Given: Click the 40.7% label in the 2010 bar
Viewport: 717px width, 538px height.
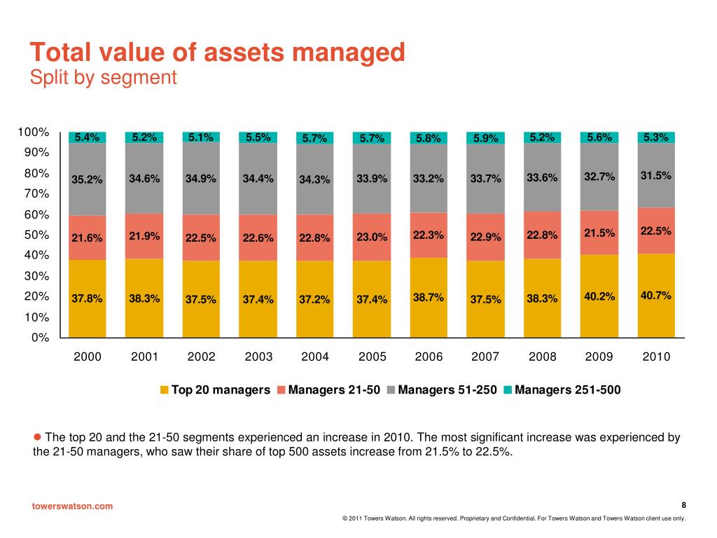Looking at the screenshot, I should click(x=656, y=296).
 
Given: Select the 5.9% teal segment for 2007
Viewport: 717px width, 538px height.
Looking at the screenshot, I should click(x=485, y=138).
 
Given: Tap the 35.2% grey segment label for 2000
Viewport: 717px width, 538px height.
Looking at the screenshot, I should click(x=87, y=179).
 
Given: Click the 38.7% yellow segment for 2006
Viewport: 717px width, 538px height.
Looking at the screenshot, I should click(x=429, y=297).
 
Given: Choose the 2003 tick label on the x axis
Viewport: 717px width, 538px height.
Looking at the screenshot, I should click(x=258, y=357).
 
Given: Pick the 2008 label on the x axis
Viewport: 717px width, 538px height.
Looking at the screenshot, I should click(x=543, y=357).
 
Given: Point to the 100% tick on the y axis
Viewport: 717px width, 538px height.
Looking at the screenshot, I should click(x=34, y=132).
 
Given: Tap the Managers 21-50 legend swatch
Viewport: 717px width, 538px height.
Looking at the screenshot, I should click(x=281, y=390).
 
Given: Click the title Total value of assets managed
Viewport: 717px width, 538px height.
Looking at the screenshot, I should click(x=217, y=53).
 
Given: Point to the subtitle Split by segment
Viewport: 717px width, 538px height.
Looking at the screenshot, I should click(x=104, y=77).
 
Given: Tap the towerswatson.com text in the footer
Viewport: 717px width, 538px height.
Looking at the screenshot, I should click(x=73, y=506).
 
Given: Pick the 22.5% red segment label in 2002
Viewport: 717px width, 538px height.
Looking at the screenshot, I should click(x=201, y=237).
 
